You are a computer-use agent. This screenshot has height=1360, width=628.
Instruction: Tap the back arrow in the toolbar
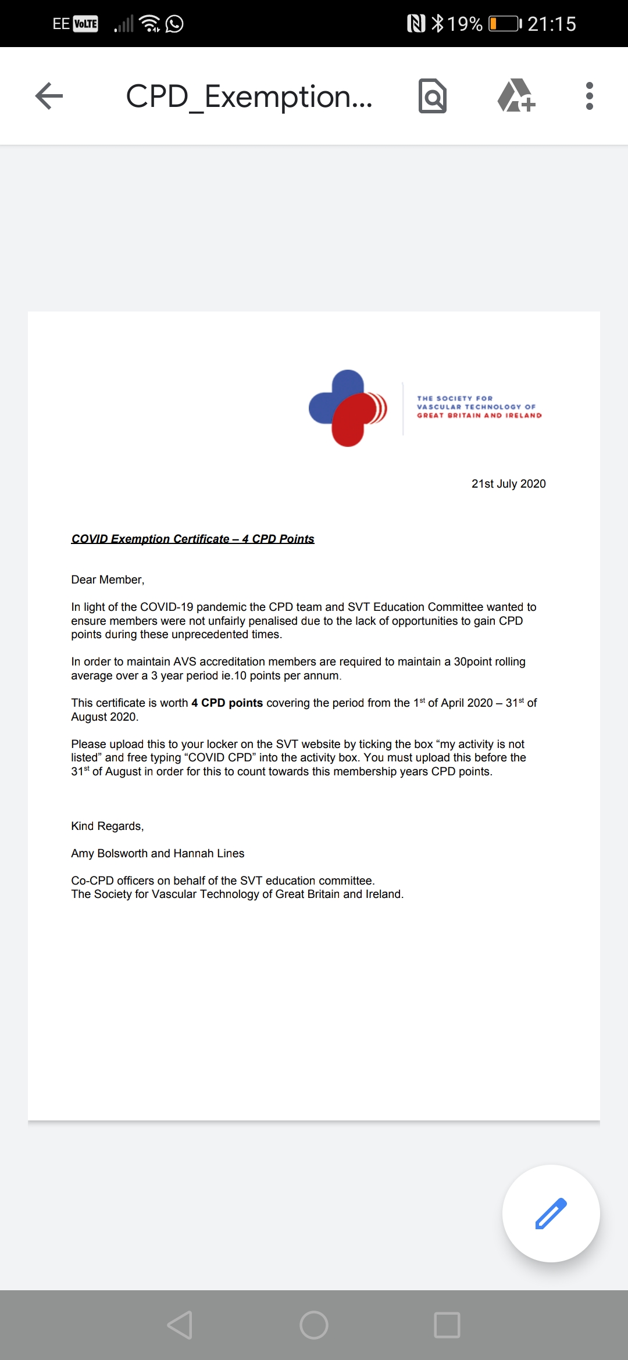[x=49, y=96]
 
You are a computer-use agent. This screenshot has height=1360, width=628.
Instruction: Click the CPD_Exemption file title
[x=249, y=96]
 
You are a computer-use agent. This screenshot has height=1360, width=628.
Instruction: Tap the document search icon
[x=432, y=96]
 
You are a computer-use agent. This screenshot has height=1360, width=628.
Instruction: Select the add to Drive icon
[x=516, y=96]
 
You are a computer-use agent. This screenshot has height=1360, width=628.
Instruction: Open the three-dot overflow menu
[x=589, y=96]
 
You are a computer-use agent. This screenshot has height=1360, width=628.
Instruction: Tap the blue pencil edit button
[x=551, y=1214]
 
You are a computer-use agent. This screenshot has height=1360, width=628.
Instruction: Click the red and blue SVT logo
[x=348, y=408]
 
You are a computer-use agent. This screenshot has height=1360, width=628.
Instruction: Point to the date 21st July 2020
[x=508, y=484]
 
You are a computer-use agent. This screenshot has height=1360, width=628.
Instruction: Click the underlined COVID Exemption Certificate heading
[x=192, y=539]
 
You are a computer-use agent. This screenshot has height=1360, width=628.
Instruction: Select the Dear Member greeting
[x=108, y=579]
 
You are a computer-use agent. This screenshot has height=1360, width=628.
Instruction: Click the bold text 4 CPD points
[x=227, y=703]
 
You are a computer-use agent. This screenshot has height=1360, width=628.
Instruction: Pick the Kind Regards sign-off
[x=107, y=826]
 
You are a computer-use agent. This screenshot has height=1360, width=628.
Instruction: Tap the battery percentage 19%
[x=465, y=24]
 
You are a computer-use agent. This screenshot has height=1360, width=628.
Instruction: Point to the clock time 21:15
[x=552, y=24]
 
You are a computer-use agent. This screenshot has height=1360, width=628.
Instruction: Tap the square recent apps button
[x=447, y=1325]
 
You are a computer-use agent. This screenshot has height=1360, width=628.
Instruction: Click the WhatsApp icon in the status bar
[x=174, y=24]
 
